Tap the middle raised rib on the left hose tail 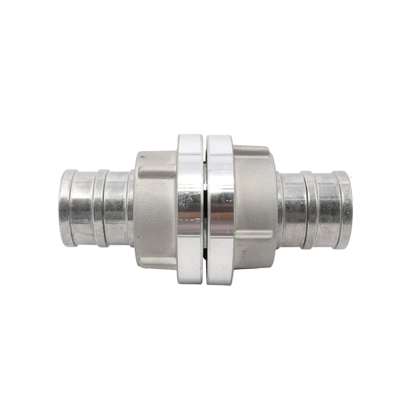[x=100, y=208]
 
